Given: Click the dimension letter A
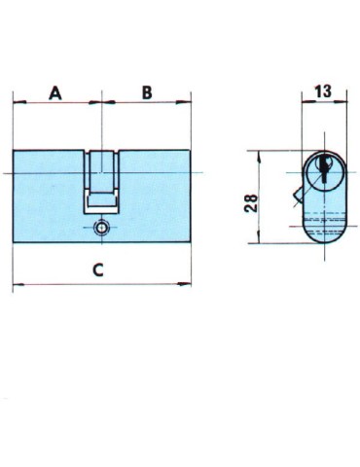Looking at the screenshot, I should (x=55, y=92).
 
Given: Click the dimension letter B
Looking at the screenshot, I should (x=146, y=92).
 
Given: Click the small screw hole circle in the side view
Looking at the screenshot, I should (x=101, y=229).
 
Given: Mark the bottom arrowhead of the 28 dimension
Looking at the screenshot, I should (x=260, y=243).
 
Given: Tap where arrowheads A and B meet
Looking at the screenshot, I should (x=101, y=101).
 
